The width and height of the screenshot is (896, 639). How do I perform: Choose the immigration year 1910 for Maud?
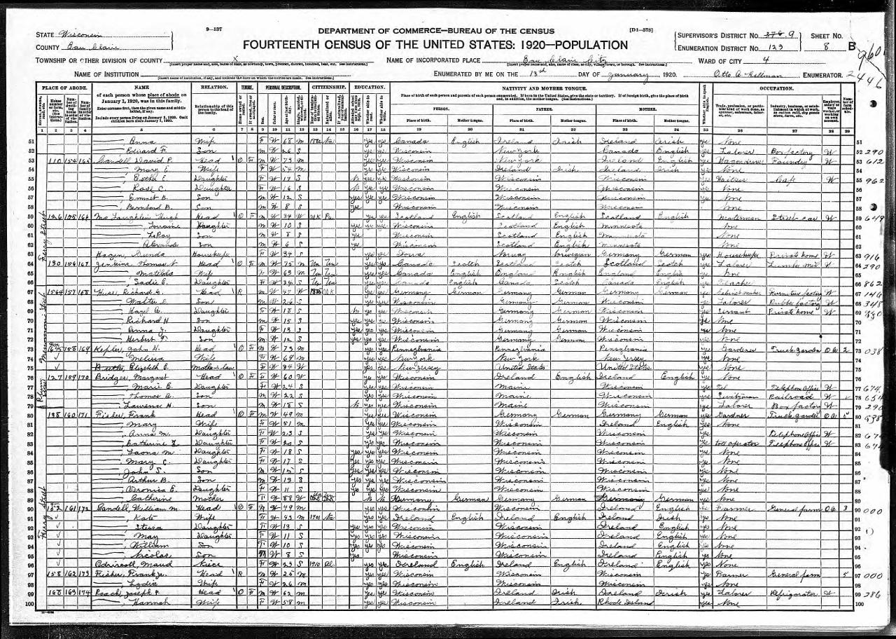[314, 563]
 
